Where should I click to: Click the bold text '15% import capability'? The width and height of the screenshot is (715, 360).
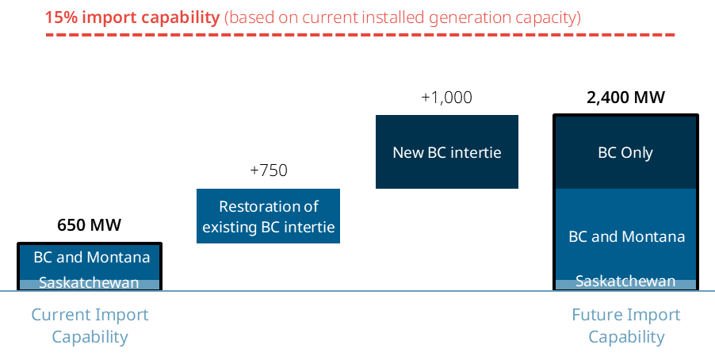132,17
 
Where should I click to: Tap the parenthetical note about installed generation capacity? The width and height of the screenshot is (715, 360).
402,17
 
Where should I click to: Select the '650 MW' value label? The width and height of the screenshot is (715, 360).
89,224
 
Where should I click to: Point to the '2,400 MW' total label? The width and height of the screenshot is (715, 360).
625,98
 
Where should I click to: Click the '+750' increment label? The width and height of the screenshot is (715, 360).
268,170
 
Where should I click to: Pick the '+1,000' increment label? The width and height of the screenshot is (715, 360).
446,98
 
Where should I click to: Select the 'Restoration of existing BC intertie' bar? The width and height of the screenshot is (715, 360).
268,216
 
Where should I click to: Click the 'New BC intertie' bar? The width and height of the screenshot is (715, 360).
446,151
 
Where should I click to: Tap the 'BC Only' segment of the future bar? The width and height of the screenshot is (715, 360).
625,152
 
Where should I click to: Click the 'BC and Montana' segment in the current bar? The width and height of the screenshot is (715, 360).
90,259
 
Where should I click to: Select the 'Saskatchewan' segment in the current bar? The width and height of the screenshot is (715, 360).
89,284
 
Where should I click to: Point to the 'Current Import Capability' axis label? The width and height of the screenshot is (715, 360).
90,325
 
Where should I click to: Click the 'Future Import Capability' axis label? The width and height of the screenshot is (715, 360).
625,325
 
